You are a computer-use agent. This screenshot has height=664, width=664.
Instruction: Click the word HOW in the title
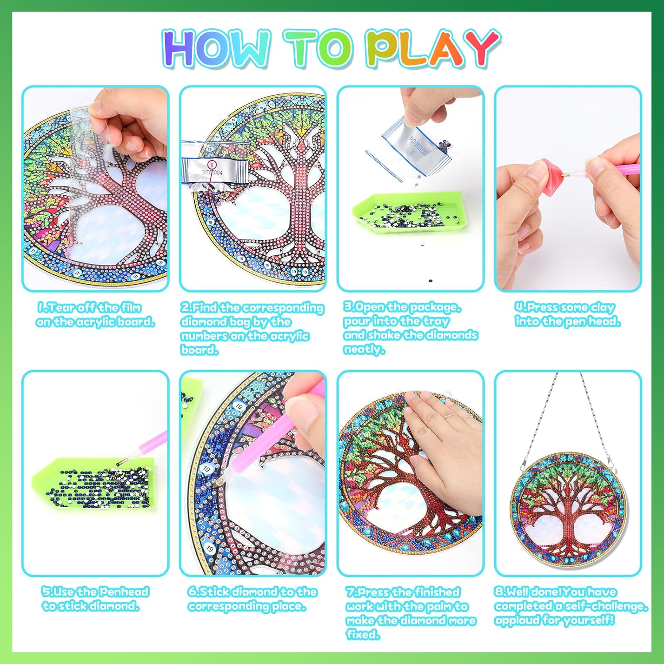(217, 49)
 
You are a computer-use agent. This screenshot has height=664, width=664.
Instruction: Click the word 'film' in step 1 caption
(130, 307)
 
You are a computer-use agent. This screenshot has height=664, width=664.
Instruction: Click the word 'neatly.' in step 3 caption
(364, 349)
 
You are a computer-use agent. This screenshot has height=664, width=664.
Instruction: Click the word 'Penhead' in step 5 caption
(124, 592)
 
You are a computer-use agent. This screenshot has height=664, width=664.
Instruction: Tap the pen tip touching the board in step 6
(216, 484)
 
